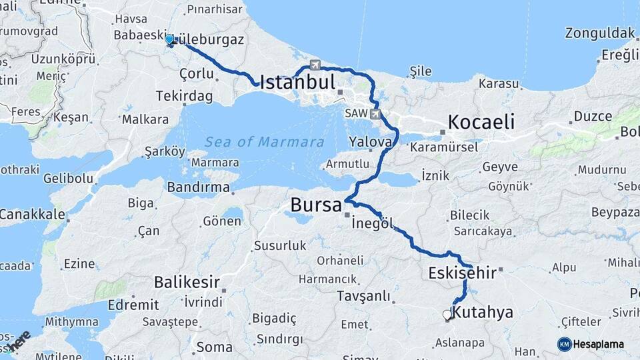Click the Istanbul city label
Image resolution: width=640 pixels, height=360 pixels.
(297, 83)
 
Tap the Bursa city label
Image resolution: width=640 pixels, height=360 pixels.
(316, 205)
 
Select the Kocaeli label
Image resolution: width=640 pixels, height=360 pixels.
(481, 122)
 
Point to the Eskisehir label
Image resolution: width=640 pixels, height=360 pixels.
(462, 273)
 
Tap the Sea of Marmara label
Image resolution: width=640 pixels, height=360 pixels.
(265, 142)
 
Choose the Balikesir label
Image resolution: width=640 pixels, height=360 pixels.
(187, 282)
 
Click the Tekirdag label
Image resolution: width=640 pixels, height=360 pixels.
(184, 97)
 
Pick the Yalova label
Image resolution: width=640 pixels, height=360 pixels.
(370, 141)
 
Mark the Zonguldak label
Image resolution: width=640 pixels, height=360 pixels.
(600, 33)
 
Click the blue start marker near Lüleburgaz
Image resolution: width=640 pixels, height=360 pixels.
(170, 40)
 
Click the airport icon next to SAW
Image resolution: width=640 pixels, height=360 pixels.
(376, 114)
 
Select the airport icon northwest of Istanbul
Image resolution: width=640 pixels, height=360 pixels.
(315, 65)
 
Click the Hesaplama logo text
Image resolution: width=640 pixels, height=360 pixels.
(599, 344)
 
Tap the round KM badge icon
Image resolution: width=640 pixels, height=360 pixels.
(564, 344)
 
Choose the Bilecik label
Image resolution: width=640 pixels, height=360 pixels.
(469, 215)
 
